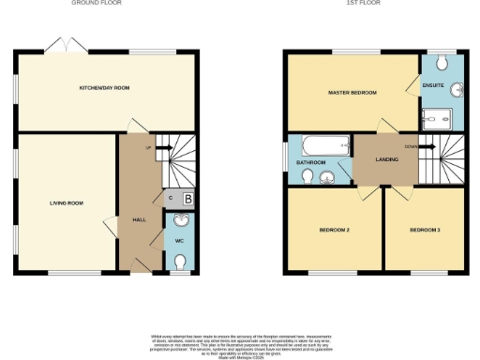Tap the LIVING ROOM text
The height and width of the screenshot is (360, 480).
pos(67,202)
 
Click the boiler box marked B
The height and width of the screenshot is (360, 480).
pos(187,198)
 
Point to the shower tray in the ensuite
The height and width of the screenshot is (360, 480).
pos(439,118)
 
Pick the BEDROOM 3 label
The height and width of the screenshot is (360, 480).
pos(425,230)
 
